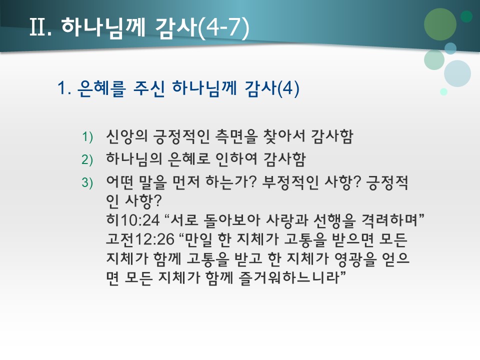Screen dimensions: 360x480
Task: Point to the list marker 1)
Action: tap(88, 137)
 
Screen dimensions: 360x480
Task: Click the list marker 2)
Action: tap(88, 160)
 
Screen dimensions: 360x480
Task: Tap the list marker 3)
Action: tap(88, 183)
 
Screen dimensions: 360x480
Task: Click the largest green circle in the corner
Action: tap(440, 24)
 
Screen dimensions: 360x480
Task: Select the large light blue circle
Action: tap(457, 73)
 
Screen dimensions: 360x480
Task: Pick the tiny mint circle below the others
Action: tap(443, 91)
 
